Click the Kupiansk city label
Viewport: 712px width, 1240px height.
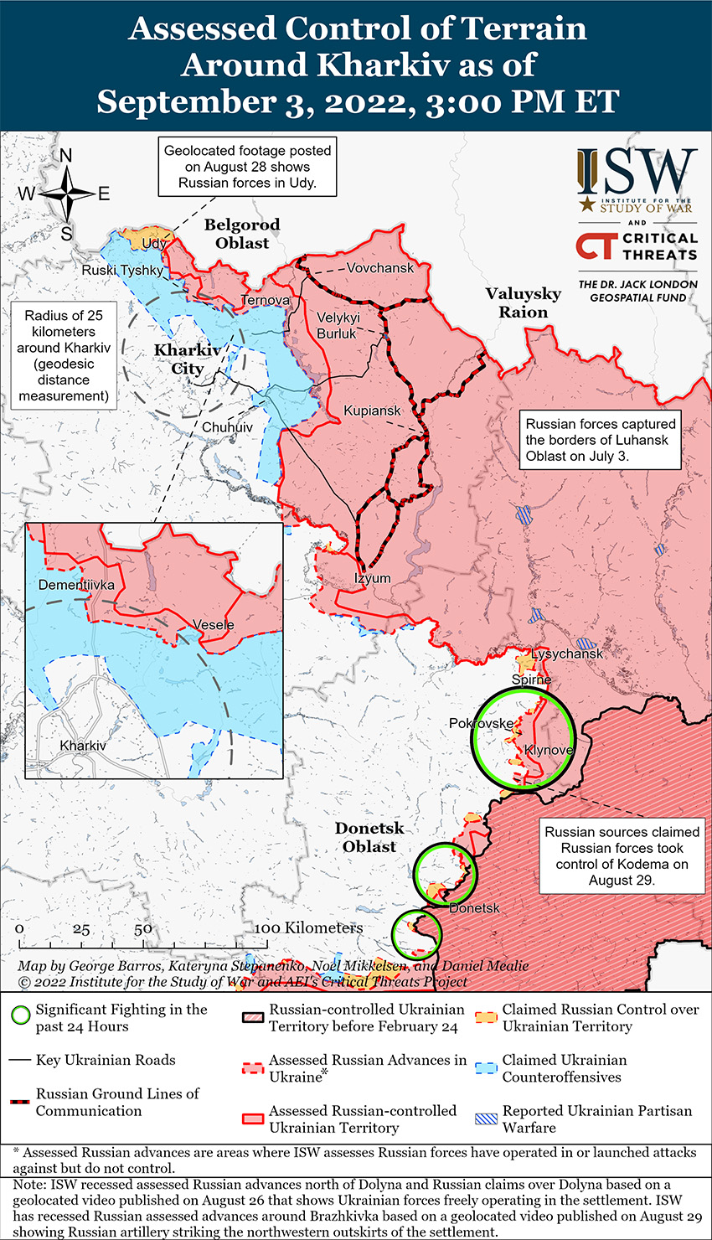(372, 411)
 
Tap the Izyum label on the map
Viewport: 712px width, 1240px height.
(372, 578)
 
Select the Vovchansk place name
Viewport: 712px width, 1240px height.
(380, 268)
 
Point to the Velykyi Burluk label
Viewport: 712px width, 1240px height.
(338, 325)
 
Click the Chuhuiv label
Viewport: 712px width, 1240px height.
(227, 427)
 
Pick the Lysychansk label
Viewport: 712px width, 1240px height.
(567, 654)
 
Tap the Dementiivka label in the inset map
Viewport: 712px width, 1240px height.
(76, 585)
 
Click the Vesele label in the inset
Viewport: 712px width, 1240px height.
(214, 625)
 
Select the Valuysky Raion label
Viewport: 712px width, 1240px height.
(524, 302)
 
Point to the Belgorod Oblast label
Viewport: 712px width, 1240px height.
(242, 234)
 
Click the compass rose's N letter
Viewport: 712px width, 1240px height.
(66, 156)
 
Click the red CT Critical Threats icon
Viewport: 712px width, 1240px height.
(596, 245)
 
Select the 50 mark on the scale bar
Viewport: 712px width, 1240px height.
(143, 929)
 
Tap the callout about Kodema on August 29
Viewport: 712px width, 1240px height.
(622, 855)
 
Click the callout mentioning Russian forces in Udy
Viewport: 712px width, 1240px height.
(247, 167)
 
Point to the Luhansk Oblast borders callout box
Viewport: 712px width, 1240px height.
(600, 440)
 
